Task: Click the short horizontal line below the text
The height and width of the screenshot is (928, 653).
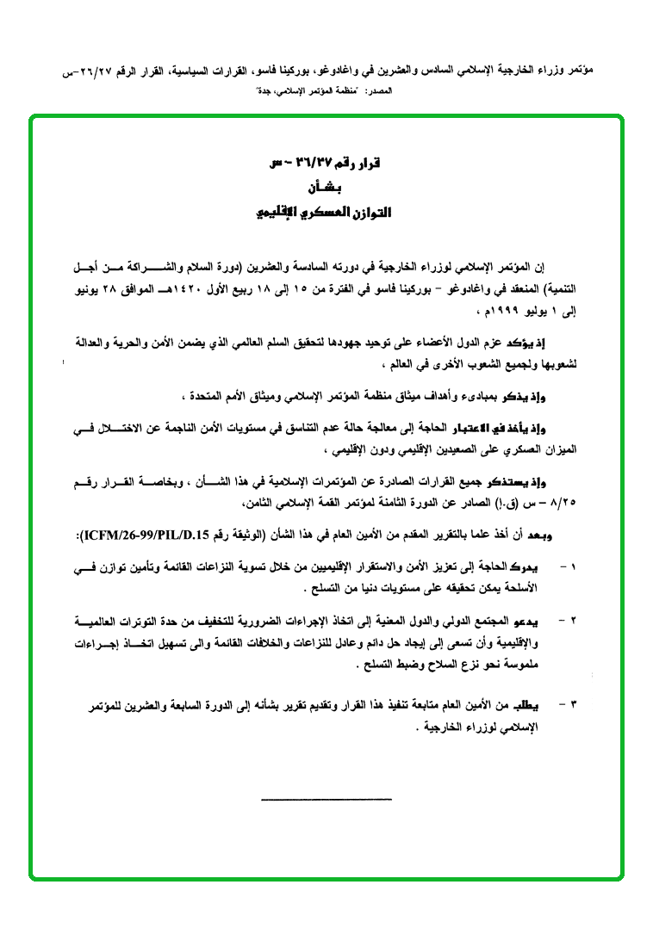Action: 326,801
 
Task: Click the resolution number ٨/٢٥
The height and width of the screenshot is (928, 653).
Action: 563,503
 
